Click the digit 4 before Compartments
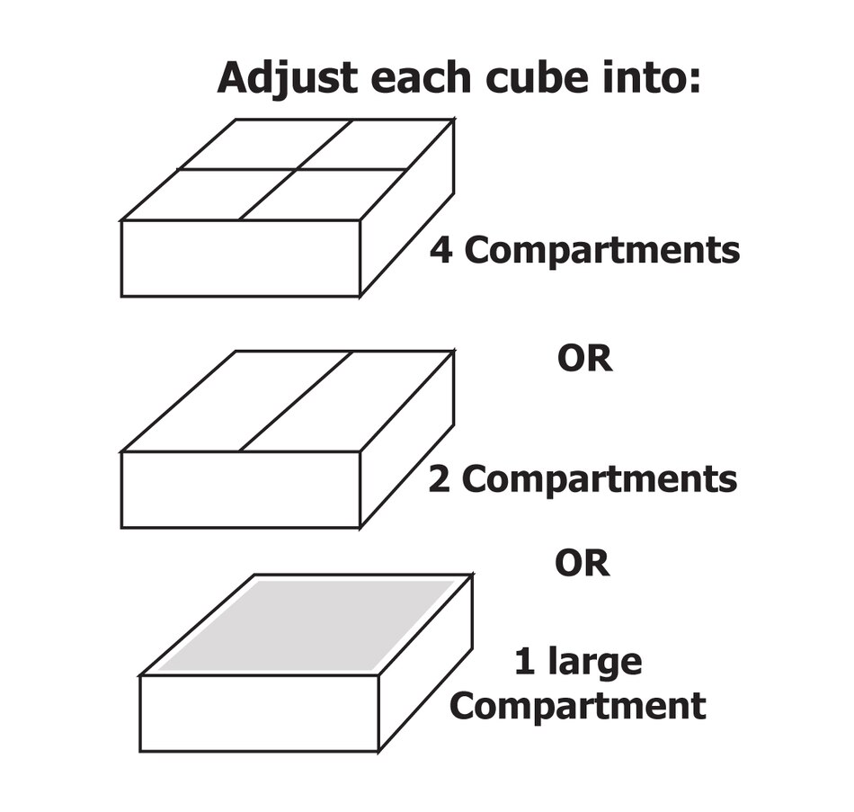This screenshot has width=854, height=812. (441, 250)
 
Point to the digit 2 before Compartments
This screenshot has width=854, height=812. (440, 479)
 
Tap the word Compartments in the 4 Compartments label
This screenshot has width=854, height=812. (601, 252)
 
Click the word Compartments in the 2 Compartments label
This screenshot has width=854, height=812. (600, 481)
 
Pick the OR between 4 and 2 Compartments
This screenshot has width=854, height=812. (585, 359)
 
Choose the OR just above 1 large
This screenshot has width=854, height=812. (583, 564)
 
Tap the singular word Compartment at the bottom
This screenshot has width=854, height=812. (578, 707)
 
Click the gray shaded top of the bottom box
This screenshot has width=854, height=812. (307, 625)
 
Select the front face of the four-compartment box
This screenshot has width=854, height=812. (240, 258)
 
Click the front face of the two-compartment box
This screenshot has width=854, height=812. (240, 489)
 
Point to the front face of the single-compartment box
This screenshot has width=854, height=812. (259, 714)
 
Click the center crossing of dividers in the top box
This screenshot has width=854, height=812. (297, 169)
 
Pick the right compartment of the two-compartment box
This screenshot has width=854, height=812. (346, 401)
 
